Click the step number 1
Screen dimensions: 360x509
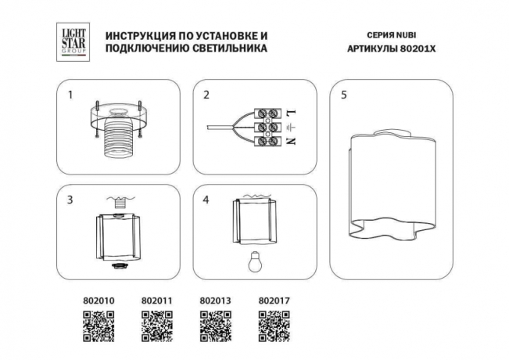pyautogui.click(x=70, y=95)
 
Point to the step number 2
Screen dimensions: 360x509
pyautogui.click(x=206, y=95)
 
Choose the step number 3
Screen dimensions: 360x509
pyautogui.click(x=70, y=200)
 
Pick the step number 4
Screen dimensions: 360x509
pyautogui.click(x=206, y=200)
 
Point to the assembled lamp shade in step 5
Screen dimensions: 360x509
pyautogui.click(x=389, y=185)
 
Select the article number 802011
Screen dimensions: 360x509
pyautogui.click(x=156, y=300)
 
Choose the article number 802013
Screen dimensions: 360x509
pyautogui.click(x=216, y=300)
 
